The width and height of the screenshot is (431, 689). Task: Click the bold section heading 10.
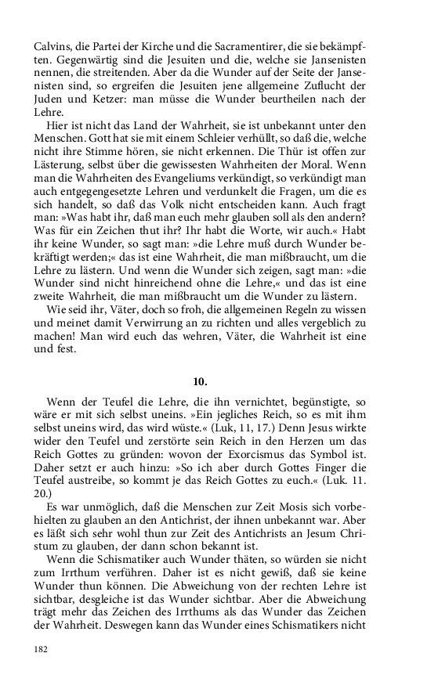click(200, 382)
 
